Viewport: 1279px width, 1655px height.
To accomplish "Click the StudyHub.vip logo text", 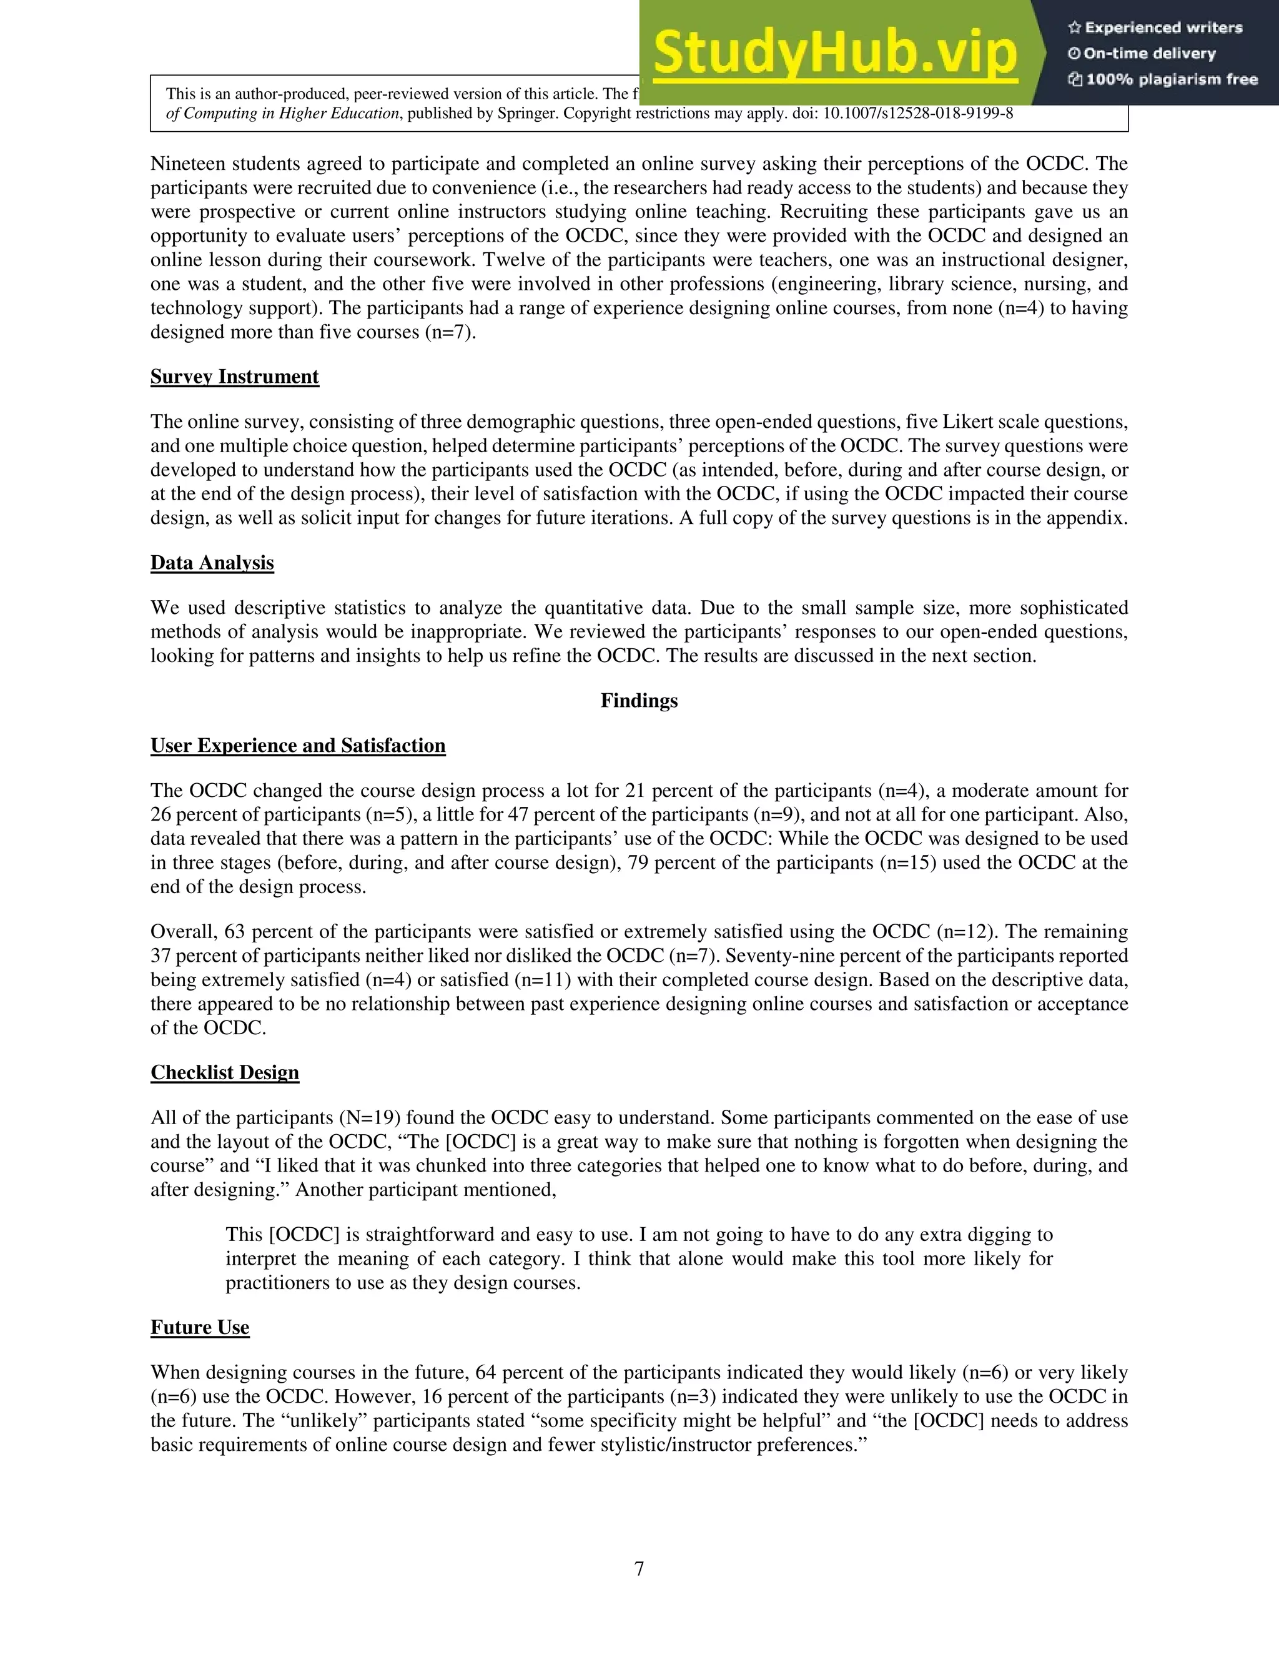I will coord(834,53).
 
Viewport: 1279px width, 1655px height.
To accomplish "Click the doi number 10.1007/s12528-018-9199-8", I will coord(917,114).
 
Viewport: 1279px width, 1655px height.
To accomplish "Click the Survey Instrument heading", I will coord(234,377).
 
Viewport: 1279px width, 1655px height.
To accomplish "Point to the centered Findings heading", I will coord(639,700).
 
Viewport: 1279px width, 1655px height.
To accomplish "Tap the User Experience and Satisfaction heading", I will coord(298,746).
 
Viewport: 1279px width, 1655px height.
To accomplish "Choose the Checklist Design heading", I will coord(224,1072).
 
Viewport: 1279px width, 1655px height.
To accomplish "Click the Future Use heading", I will coord(199,1327).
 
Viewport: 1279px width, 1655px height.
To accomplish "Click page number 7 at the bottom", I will coord(639,1569).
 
